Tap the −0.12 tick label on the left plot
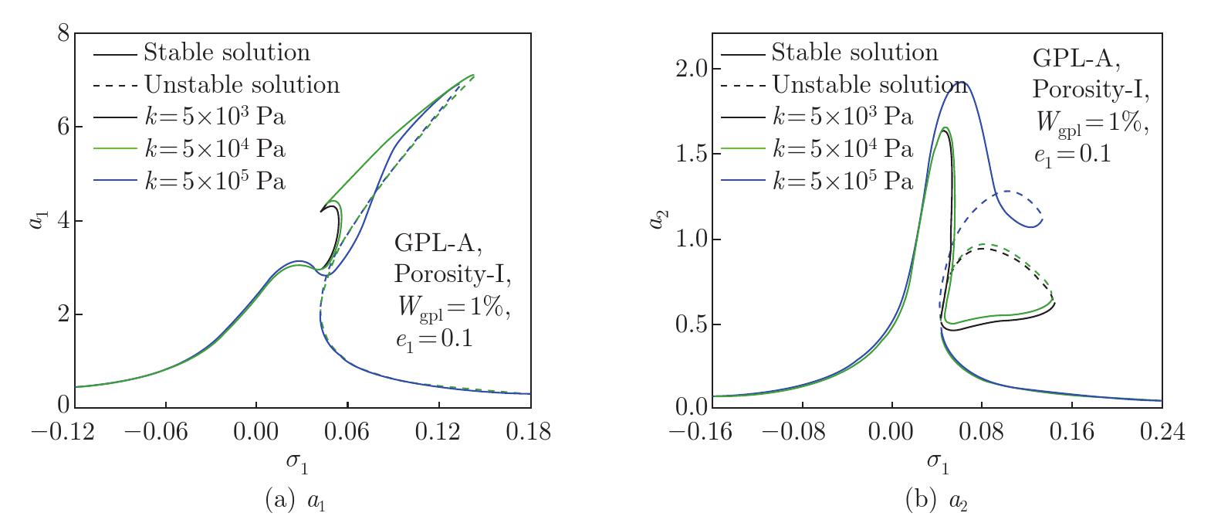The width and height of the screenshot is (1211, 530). coord(64,432)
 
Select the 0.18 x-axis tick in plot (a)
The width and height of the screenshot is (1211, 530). coord(529,432)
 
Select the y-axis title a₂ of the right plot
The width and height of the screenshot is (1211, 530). coord(657,219)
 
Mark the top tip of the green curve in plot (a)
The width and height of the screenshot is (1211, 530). coord(472,75)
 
